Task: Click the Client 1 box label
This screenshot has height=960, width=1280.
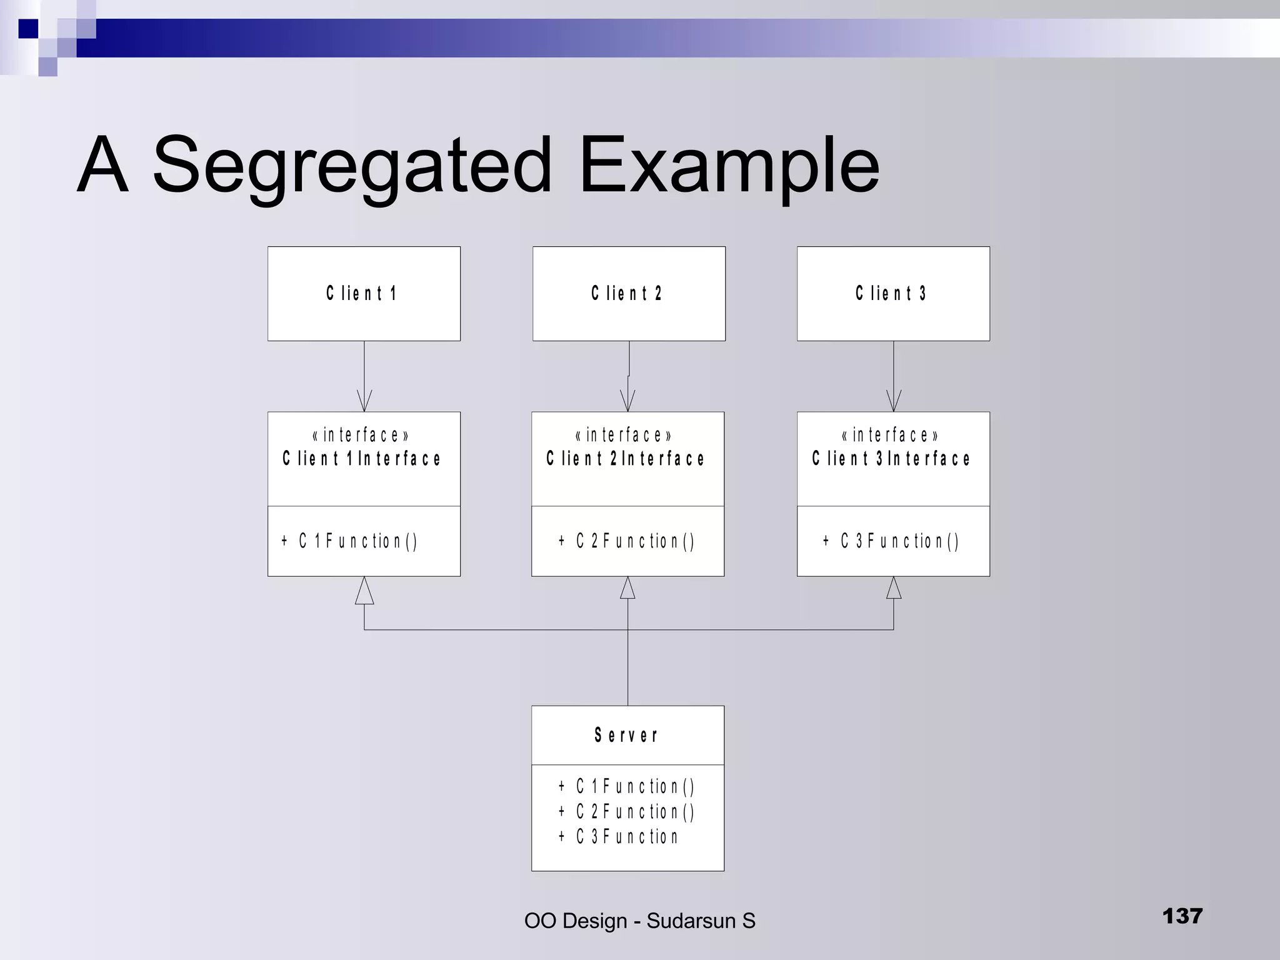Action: point(361,293)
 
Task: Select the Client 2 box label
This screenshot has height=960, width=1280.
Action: point(626,293)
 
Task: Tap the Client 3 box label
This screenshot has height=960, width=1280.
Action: point(891,293)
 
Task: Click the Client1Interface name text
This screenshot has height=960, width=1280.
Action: point(362,459)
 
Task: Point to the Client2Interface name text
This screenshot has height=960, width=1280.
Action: point(626,459)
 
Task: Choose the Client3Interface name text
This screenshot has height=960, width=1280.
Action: point(891,459)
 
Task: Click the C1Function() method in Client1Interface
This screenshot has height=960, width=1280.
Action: point(349,541)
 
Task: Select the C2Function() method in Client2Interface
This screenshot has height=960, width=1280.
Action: point(626,541)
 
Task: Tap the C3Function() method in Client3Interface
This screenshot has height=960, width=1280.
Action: point(891,541)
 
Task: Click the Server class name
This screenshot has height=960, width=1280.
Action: point(626,735)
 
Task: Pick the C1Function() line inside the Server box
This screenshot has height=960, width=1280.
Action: point(626,786)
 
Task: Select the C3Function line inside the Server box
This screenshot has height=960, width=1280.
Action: point(618,836)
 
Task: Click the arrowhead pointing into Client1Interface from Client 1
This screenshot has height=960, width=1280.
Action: point(364,401)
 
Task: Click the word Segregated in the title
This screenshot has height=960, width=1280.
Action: point(352,166)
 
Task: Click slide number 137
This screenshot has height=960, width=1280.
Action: point(1182,916)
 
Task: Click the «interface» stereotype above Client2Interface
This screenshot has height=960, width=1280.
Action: point(623,434)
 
